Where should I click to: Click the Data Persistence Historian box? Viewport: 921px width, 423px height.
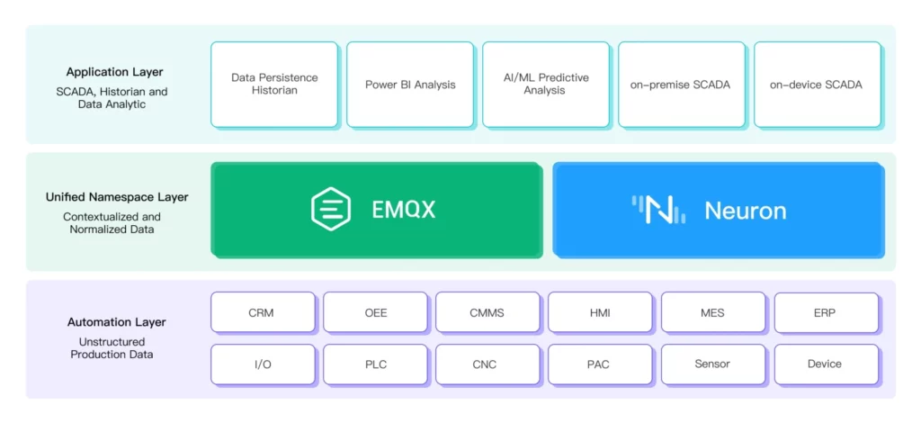(274, 84)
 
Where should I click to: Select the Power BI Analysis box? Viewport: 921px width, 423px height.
(410, 84)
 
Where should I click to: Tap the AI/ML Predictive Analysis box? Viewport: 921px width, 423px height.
(546, 84)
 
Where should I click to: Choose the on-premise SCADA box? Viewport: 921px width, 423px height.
(682, 84)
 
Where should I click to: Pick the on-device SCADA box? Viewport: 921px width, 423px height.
(817, 84)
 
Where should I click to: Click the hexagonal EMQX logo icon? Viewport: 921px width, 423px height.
(331, 209)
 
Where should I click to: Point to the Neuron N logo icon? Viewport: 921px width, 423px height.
(658, 210)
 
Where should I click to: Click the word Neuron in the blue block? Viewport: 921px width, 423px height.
(746, 211)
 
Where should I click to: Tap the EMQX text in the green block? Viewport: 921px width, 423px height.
(404, 210)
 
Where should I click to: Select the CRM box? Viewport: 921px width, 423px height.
(263, 312)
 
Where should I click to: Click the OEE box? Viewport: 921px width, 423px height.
(375, 312)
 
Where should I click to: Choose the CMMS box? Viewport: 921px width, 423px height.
(487, 312)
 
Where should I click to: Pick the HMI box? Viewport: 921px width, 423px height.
(600, 312)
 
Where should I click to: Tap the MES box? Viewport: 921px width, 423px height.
(713, 312)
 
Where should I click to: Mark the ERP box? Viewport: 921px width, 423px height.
(826, 312)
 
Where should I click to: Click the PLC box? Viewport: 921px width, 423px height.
(375, 364)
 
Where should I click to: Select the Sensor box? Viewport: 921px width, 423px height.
(713, 364)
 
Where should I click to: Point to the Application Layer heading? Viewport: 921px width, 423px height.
(114, 72)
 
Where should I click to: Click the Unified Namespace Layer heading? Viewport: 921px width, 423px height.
(117, 197)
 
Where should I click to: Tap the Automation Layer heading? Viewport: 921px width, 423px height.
(116, 322)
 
